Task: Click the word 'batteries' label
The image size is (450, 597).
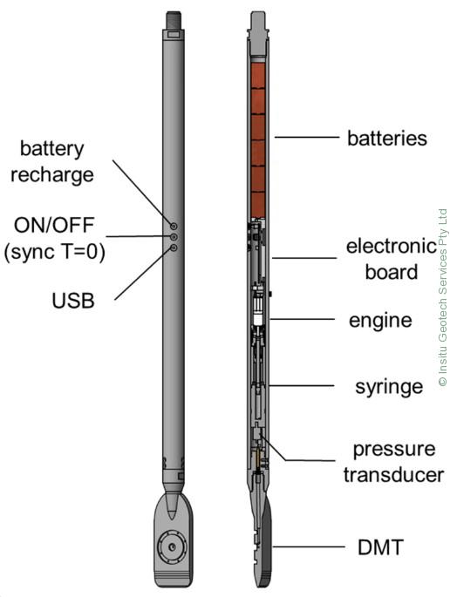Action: pyautogui.click(x=386, y=138)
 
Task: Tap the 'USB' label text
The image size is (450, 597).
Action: pyautogui.click(x=72, y=301)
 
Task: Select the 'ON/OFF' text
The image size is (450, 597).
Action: pyautogui.click(x=54, y=225)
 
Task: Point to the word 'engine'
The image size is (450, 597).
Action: pyautogui.click(x=380, y=321)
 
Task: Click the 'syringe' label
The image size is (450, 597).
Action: pyautogui.click(x=389, y=387)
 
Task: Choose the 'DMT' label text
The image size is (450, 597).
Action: pyautogui.click(x=380, y=547)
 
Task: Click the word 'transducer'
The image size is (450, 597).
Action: pyautogui.click(x=393, y=475)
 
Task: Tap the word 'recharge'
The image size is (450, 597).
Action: pyautogui.click(x=51, y=175)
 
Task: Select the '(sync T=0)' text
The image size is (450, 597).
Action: pyautogui.click(x=54, y=252)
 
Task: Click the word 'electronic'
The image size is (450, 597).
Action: pyautogui.click(x=392, y=247)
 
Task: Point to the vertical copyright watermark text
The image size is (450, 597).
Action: pyautogui.click(x=442, y=298)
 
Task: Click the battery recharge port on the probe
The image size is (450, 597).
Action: pyautogui.click(x=174, y=227)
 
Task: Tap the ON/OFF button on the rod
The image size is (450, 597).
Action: pyautogui.click(x=174, y=237)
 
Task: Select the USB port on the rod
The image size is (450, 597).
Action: pyautogui.click(x=174, y=248)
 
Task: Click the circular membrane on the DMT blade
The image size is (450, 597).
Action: pyautogui.click(x=173, y=547)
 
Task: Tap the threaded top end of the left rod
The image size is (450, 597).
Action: pyautogui.click(x=174, y=20)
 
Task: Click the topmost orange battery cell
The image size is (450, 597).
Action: pyautogui.click(x=258, y=76)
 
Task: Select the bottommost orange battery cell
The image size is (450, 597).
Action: pyautogui.click(x=258, y=205)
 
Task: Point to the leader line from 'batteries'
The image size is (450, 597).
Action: pyautogui.click(x=307, y=137)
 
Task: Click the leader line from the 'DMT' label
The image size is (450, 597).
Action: pyautogui.click(x=309, y=547)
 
